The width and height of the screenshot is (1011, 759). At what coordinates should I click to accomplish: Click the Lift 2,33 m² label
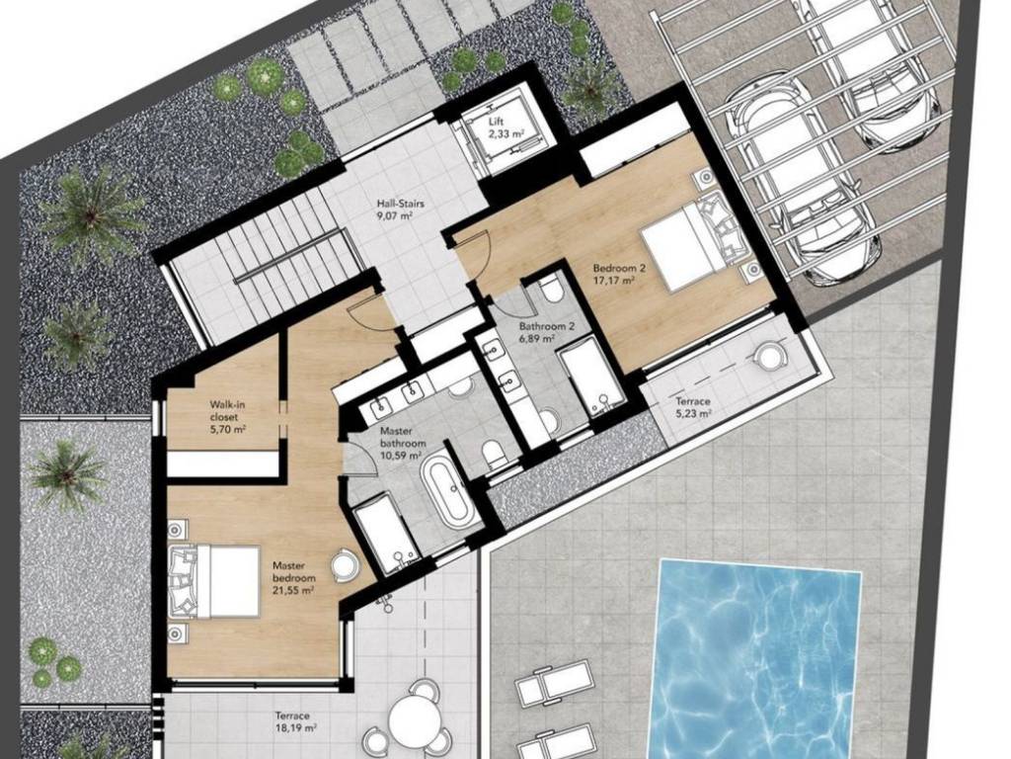(506, 127)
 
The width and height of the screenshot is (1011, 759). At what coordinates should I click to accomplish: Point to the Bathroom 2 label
(547, 326)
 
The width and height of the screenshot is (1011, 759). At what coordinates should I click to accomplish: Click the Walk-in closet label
(228, 410)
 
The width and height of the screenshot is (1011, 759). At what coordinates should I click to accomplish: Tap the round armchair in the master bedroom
(344, 565)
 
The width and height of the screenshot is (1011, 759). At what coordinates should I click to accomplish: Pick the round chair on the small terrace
(768, 355)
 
